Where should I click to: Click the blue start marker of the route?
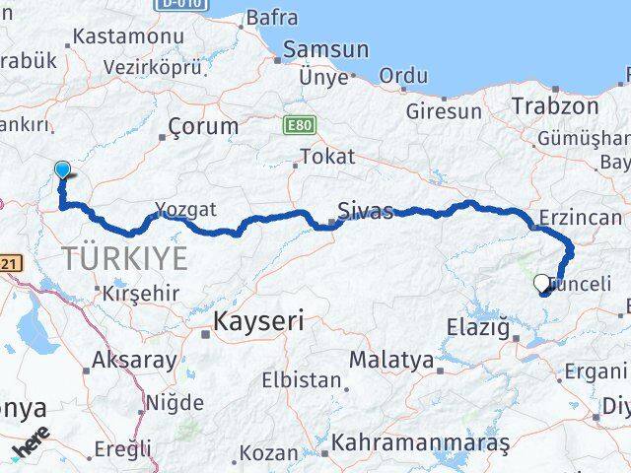pos(62,169)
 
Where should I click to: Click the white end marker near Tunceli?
pos(541,284)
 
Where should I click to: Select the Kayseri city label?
pos(259,321)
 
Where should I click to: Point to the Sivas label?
pos(365,211)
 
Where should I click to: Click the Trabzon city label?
pos(555,106)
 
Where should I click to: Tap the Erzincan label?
pos(581,218)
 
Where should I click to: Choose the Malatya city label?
pos(390,361)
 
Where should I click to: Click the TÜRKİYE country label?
pos(124,259)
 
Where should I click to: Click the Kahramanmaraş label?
pos(421,444)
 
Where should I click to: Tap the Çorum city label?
pos(203,126)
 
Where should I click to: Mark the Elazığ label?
pos(476,325)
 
